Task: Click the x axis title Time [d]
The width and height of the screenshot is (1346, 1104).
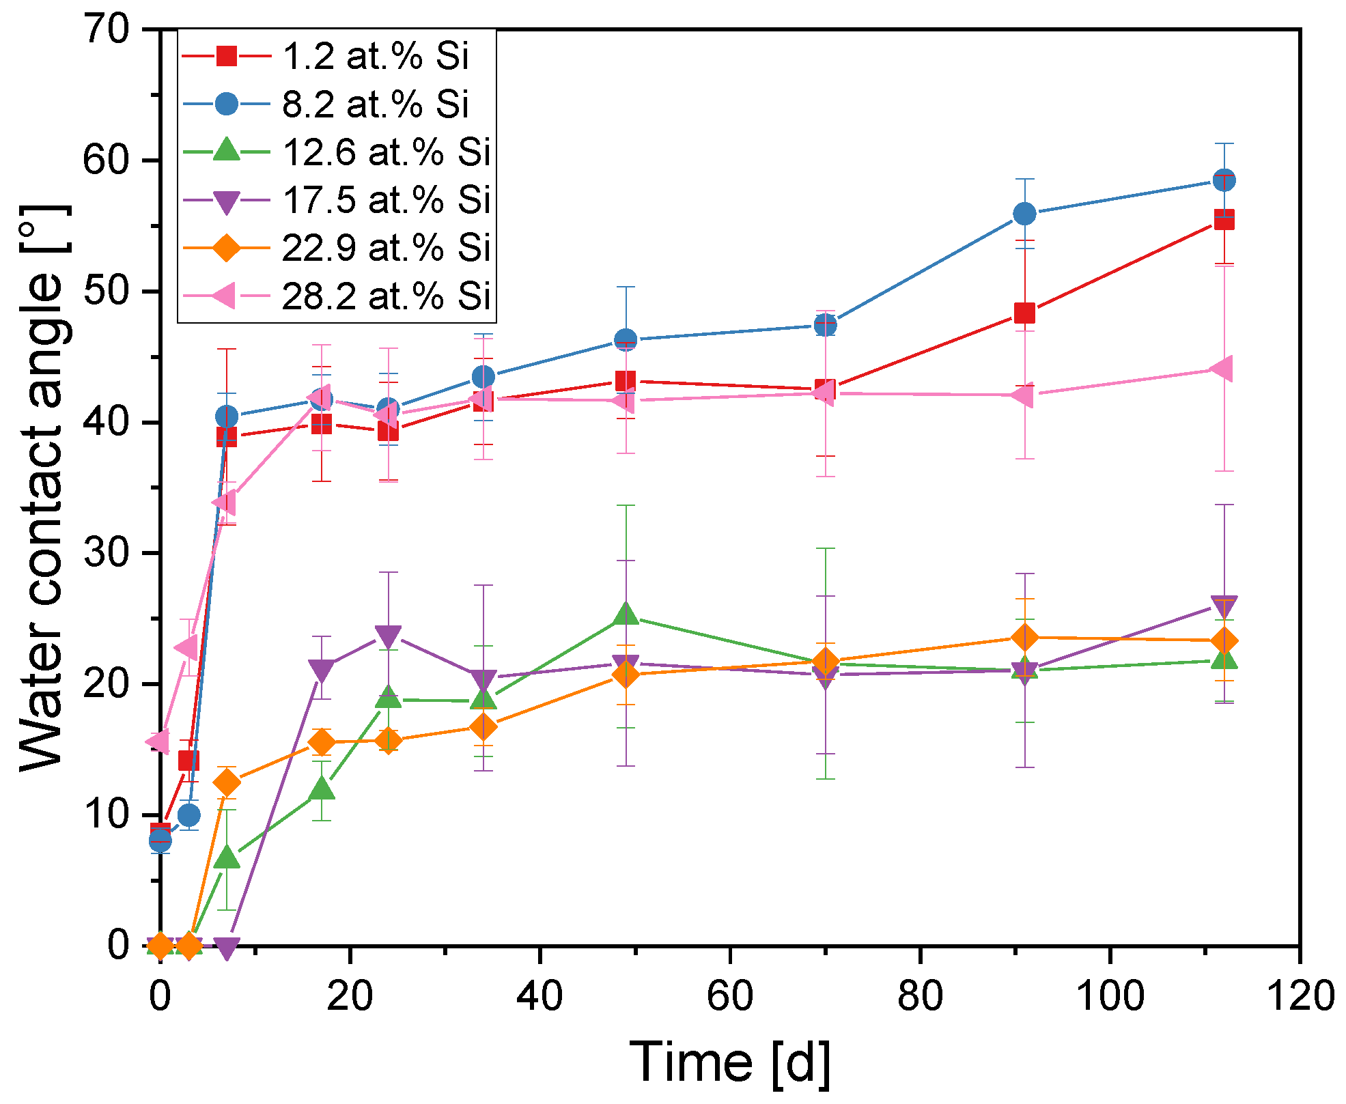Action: tap(729, 1062)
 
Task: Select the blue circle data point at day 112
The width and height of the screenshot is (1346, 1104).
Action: tap(1224, 180)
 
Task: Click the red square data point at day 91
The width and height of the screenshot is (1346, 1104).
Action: tap(1024, 313)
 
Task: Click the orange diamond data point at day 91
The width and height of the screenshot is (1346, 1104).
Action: tap(1024, 638)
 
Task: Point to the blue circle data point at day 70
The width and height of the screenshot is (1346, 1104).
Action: tap(825, 326)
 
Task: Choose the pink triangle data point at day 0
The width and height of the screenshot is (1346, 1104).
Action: tap(158, 741)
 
